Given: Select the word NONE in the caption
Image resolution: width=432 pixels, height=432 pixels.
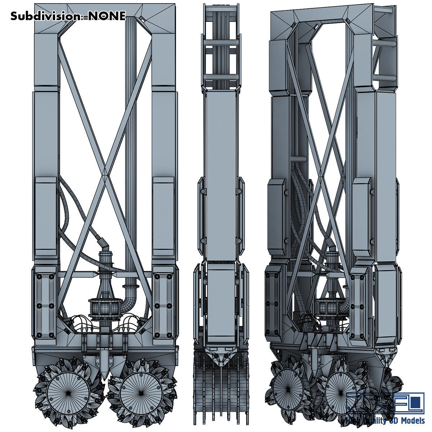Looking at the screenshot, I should (107, 16).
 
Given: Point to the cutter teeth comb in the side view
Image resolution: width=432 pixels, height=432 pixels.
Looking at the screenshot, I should (220, 396).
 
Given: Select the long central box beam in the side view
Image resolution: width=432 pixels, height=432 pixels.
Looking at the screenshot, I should (220, 173).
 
